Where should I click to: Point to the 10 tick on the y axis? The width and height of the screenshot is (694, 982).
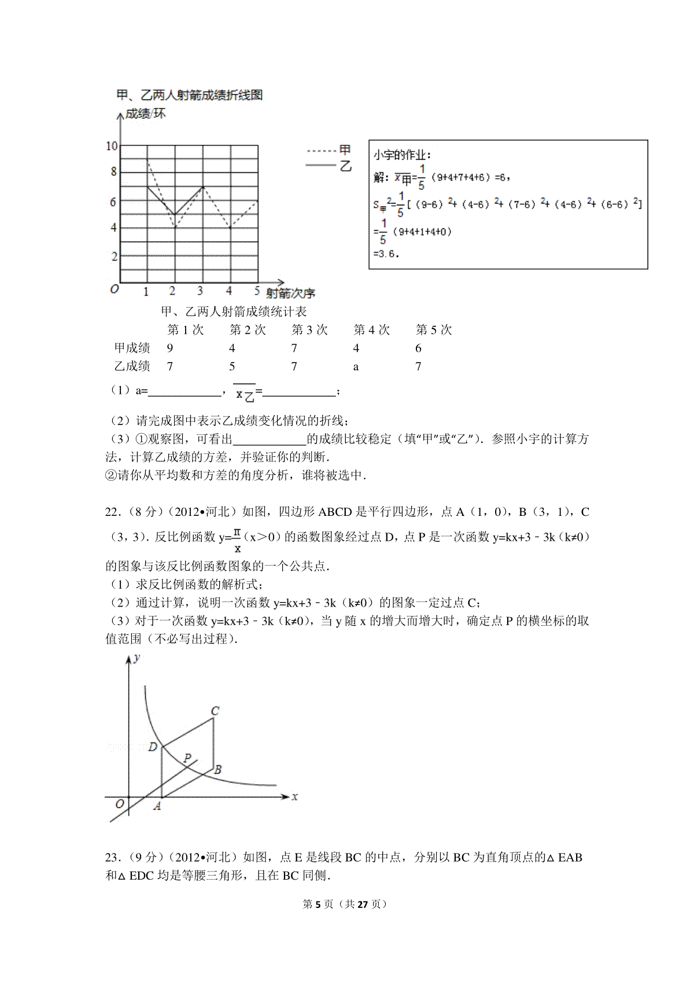(112, 146)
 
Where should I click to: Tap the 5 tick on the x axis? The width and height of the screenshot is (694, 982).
(257, 291)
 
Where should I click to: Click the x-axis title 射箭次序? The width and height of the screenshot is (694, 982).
(290, 293)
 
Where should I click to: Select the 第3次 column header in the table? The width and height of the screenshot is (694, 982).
(309, 330)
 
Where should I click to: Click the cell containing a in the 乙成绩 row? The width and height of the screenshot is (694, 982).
(356, 367)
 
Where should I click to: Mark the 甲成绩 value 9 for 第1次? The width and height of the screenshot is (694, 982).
(169, 348)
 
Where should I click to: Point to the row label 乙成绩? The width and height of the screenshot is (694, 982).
(132, 366)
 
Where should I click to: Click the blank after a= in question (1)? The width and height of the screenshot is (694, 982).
(185, 392)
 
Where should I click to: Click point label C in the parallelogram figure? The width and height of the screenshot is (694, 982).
(215, 711)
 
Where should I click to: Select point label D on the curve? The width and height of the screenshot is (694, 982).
(153, 747)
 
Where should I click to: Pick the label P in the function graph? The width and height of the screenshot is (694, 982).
(187, 758)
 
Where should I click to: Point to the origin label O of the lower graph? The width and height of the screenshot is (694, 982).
(120, 804)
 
